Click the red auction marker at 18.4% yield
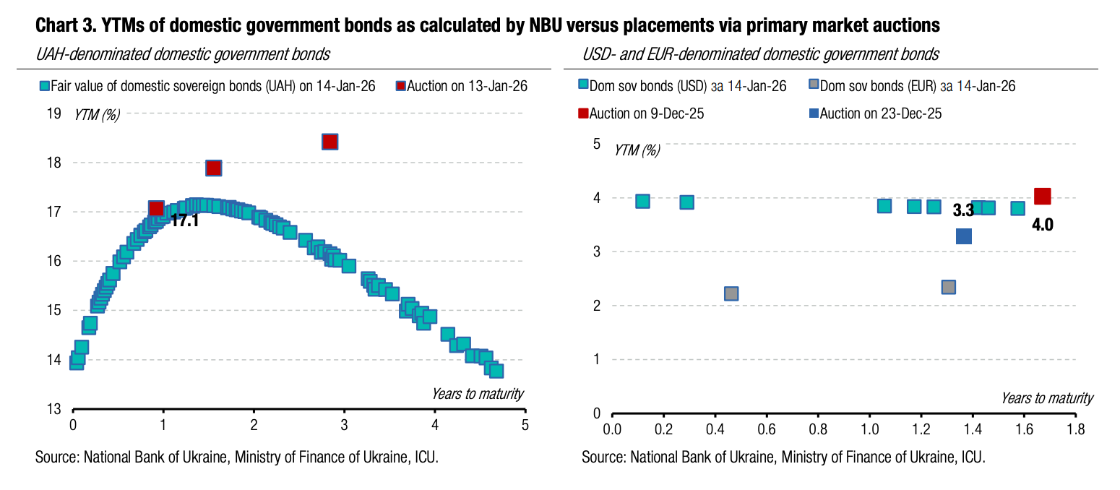click(x=329, y=142)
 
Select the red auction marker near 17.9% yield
click(x=213, y=168)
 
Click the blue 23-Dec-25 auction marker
click(x=963, y=236)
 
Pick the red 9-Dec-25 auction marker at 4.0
click(x=1042, y=196)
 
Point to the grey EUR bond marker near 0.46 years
click(x=731, y=293)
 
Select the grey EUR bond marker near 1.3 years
click(x=949, y=287)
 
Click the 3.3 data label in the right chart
click(x=962, y=211)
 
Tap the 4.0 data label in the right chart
click(x=1042, y=225)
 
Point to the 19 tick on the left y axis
click(x=53, y=113)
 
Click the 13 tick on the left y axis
click(x=53, y=409)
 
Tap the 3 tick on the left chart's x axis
click(x=345, y=425)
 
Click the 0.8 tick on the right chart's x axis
click(x=818, y=429)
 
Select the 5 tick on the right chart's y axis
click(x=596, y=144)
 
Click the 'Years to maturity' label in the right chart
click(x=1046, y=398)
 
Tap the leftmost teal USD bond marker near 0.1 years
click(x=642, y=201)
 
